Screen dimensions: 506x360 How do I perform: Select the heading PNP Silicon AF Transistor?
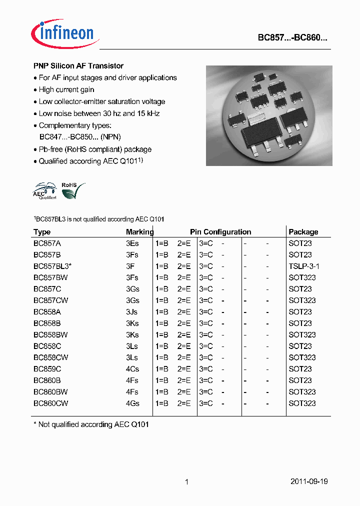[78, 66]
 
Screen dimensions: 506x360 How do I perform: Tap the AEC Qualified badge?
[44, 190]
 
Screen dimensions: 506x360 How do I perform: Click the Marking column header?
[139, 232]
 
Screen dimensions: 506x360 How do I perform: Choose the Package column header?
[303, 232]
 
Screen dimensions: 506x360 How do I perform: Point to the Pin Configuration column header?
[220, 232]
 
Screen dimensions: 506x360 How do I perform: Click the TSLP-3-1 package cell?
[303, 266]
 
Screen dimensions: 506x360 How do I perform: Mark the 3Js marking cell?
[132, 312]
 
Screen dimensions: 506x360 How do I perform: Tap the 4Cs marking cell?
[132, 369]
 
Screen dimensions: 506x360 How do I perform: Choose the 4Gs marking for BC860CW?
[132, 403]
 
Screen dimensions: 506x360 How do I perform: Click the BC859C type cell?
[47, 369]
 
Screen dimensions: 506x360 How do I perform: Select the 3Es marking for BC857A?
[132, 243]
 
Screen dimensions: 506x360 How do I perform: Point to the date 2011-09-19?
[309, 481]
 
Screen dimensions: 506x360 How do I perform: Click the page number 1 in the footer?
[186, 482]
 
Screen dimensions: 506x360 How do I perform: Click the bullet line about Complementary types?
[75, 125]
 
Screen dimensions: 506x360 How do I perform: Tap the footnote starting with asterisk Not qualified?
[91, 424]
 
